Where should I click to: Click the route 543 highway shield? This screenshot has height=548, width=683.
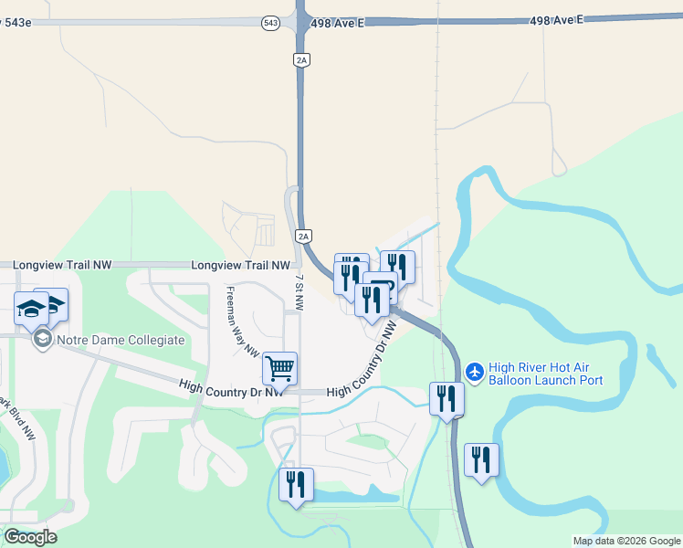point(269,24)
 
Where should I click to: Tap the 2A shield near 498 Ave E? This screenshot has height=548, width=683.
point(302,59)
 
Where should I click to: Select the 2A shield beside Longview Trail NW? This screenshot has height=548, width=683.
point(304,236)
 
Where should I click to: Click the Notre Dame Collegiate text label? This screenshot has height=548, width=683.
point(121,340)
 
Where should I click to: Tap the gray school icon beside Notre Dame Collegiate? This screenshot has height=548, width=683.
point(41,340)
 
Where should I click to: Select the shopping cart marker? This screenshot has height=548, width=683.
point(279,368)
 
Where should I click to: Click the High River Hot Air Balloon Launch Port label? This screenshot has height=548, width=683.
point(546,374)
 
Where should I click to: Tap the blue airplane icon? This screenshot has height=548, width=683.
point(474,371)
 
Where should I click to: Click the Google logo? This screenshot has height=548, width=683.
point(30,537)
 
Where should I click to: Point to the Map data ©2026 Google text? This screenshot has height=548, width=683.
point(625,541)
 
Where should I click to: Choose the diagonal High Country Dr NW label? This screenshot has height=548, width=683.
point(363,358)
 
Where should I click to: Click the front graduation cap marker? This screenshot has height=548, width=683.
point(31,308)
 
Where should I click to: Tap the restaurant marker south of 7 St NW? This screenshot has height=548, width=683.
point(296,485)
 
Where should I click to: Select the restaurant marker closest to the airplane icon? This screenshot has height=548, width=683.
point(447,399)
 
